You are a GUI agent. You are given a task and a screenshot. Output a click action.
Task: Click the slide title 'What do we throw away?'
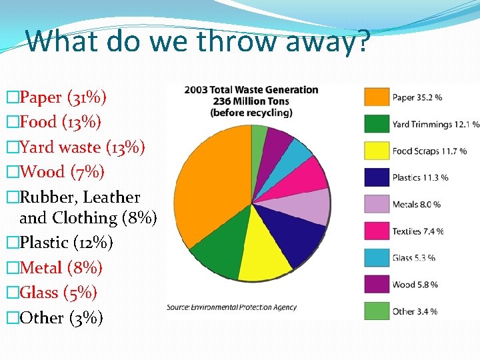point(197,41)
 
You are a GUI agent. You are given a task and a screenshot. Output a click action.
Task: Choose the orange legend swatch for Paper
point(376,97)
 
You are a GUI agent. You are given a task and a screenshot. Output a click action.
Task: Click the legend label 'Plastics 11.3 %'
point(420,177)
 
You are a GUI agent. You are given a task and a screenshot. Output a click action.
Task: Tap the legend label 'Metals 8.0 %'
point(417,204)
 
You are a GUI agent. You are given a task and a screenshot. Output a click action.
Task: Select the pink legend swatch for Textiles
point(376,231)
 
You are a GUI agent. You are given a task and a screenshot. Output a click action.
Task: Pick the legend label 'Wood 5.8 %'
point(415,285)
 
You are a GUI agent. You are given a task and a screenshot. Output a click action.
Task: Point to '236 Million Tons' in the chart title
point(251,101)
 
